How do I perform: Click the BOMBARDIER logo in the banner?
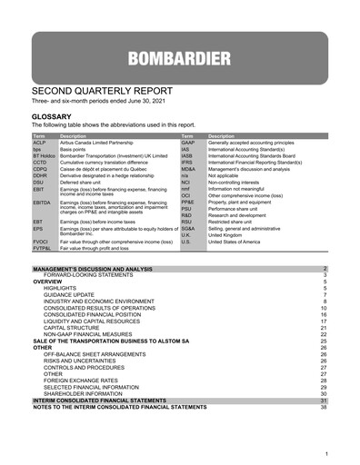click(x=180, y=61)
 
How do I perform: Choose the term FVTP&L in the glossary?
click(x=43, y=248)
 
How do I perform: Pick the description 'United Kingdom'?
click(x=232, y=234)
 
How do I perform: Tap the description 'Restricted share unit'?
click(x=238, y=221)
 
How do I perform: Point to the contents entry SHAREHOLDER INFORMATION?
click(x=87, y=392)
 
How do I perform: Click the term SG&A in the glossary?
click(x=188, y=227)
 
